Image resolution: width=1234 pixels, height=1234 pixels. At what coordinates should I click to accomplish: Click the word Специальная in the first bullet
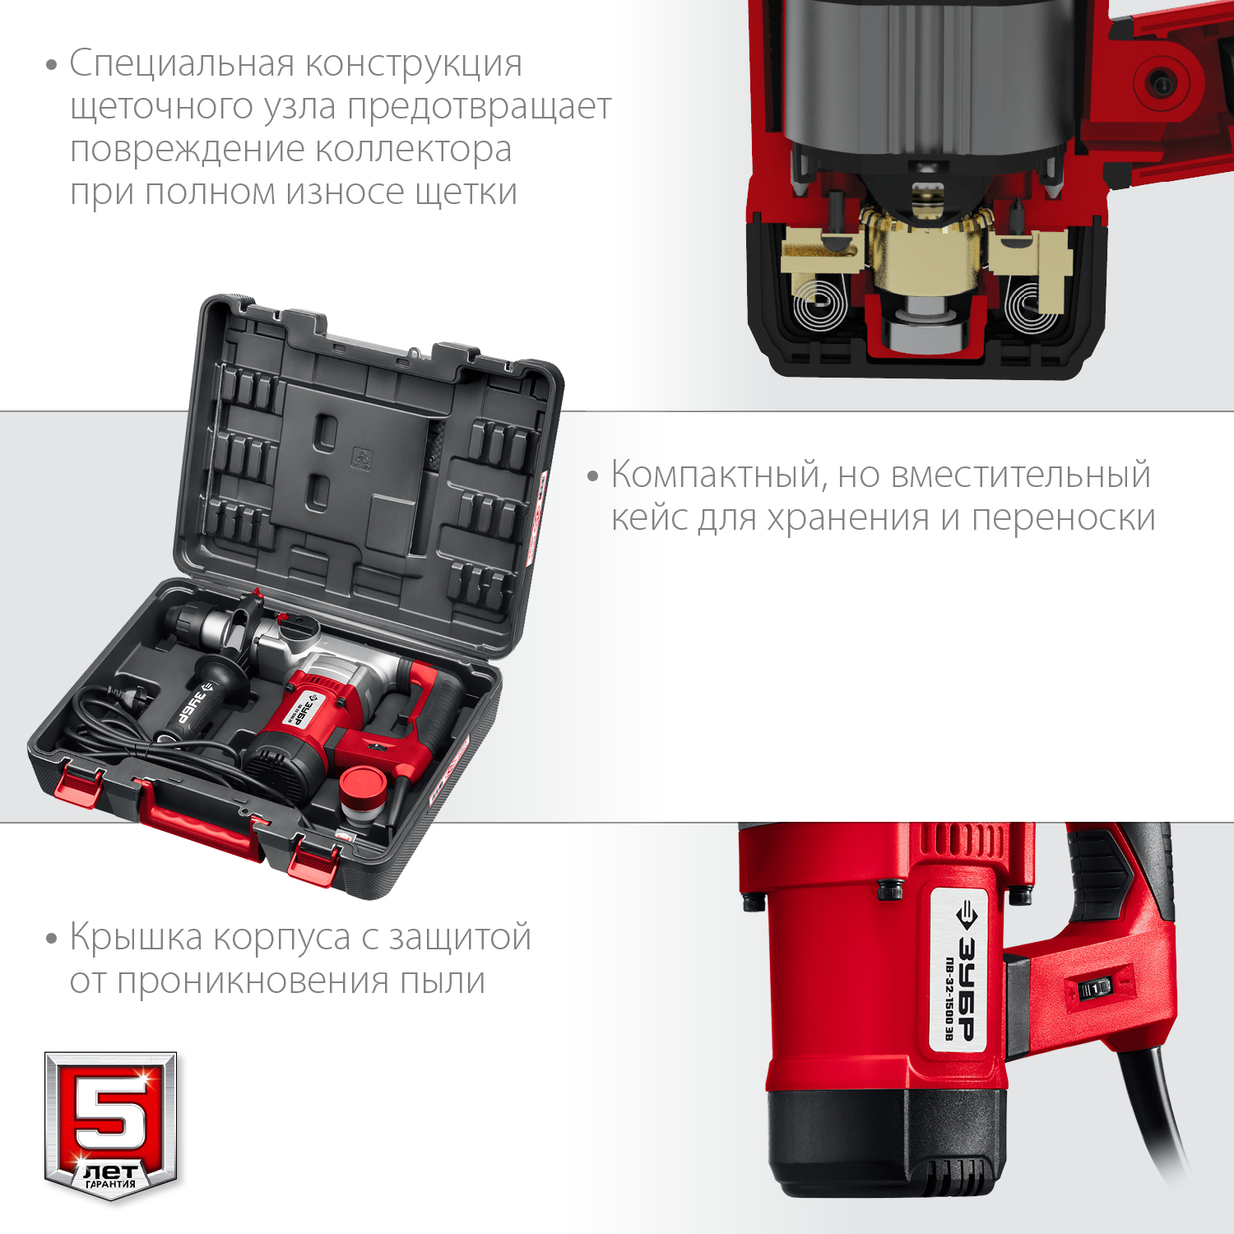coord(182,64)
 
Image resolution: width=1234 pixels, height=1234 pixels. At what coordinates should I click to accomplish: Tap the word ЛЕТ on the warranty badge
coord(110,1171)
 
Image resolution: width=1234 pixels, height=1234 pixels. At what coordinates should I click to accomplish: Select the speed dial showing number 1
coord(1095,988)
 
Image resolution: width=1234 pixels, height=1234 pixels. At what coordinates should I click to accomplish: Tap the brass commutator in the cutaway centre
coord(925,247)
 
